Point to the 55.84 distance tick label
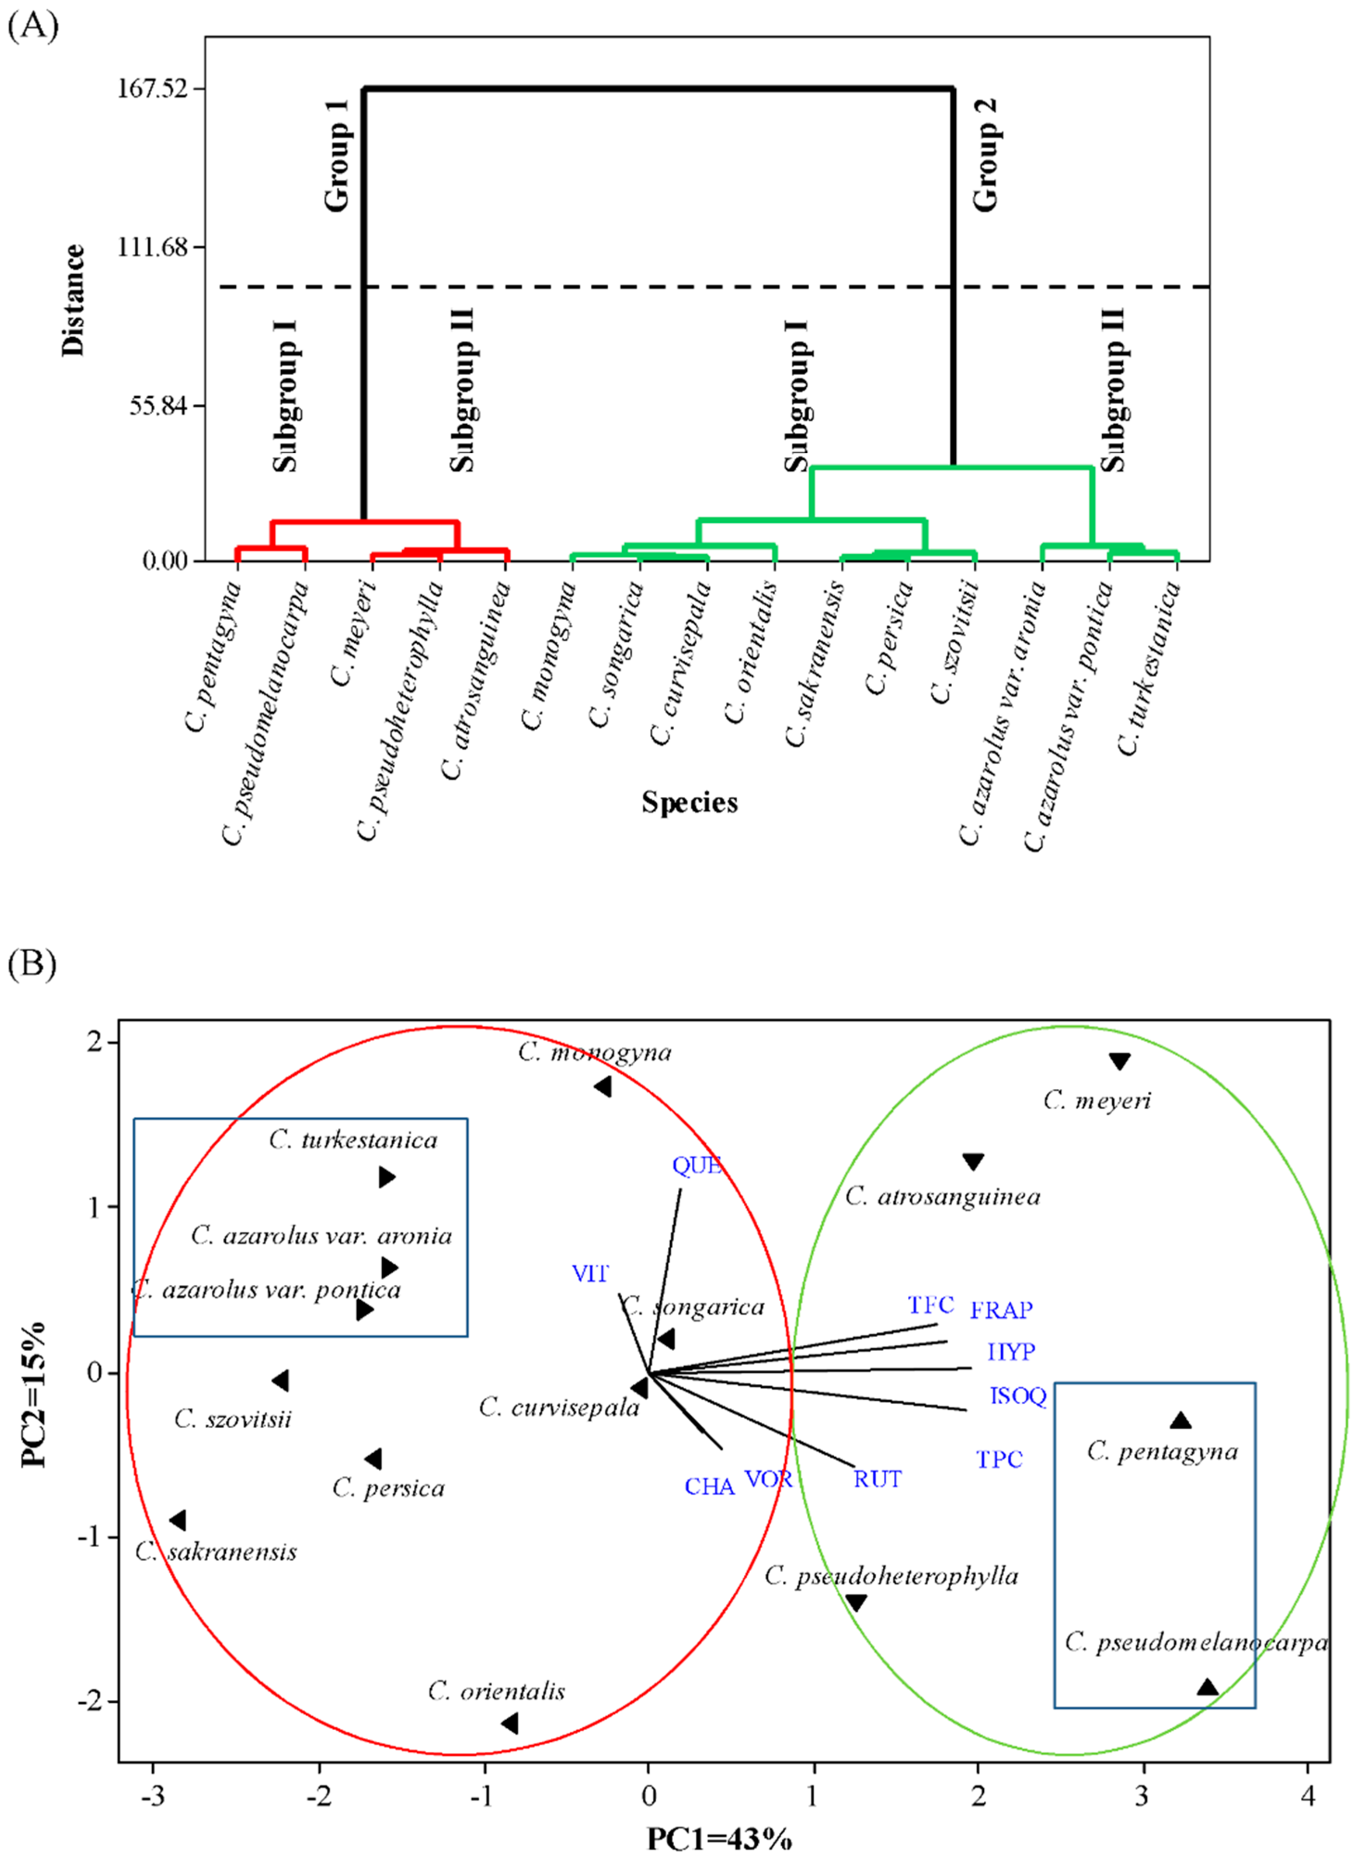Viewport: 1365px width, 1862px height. pos(157,405)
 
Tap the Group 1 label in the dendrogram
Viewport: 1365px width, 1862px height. pos(337,155)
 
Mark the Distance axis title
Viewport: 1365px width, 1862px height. pos(74,301)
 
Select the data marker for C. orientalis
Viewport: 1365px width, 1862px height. pos(510,1723)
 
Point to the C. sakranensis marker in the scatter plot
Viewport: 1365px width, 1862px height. pos(177,1520)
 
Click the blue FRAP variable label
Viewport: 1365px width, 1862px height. pos(1001,1310)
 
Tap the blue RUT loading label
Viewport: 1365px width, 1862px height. pos(878,1479)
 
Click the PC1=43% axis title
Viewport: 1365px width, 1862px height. pos(719,1839)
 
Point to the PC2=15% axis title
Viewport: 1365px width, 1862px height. pos(34,1395)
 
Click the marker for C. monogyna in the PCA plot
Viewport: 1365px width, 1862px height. pos(603,1086)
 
